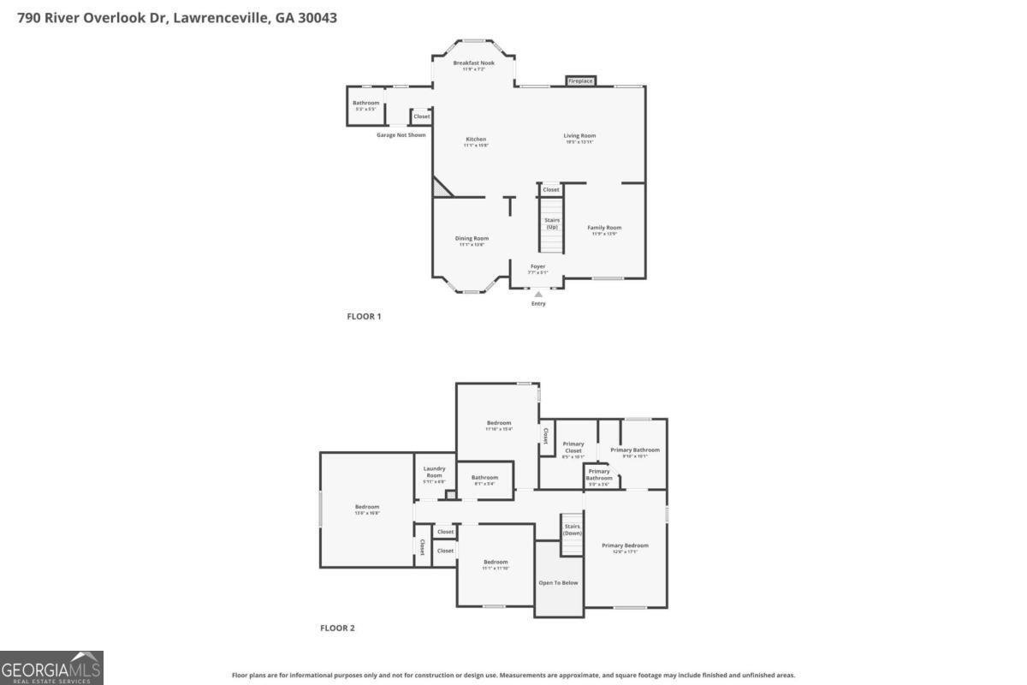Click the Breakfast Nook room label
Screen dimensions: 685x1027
coord(473,63)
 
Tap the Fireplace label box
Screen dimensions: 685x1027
coord(579,81)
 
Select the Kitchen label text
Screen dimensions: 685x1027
coord(476,140)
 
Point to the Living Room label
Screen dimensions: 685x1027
coord(579,135)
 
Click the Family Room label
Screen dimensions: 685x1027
coord(604,228)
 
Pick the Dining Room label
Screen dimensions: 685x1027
coord(472,238)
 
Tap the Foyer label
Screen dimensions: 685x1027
coord(537,266)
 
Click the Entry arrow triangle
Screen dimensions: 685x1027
coord(538,295)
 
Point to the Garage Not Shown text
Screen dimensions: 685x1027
coord(401,134)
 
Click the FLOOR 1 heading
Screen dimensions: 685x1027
coord(364,317)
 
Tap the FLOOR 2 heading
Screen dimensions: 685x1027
coord(337,628)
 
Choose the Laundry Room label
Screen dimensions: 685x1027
coord(435,472)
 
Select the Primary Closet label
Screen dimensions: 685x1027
coord(573,447)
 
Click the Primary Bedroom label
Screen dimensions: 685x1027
coord(625,545)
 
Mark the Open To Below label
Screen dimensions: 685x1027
coord(558,582)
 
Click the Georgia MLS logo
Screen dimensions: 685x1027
coord(51,667)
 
